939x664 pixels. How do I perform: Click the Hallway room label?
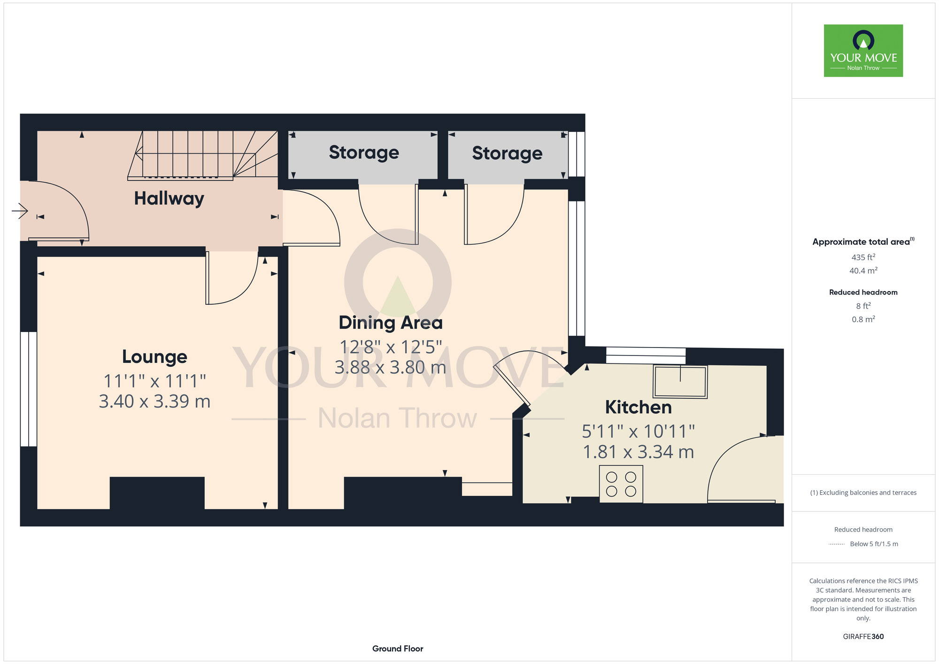pos(169,199)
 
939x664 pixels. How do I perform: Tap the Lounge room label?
pos(154,357)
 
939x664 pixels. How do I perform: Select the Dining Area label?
pos(391,323)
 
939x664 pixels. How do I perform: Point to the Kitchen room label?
pos(638,407)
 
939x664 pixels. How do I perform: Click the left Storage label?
pos(364,153)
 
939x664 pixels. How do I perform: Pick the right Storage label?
pos(507,154)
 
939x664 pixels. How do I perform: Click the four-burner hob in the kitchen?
pos(621,484)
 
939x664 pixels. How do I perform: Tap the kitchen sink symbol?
pos(680,382)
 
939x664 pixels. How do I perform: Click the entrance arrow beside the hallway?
pos(20,210)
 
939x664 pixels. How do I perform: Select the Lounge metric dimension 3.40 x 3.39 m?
pos(154,401)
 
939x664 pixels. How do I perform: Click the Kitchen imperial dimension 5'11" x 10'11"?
pos(638,431)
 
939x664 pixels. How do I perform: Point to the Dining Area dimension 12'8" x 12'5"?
pos(391,347)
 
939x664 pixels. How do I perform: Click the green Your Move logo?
pos(863,51)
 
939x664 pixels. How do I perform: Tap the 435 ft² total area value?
pos(863,257)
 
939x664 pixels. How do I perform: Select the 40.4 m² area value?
pos(863,270)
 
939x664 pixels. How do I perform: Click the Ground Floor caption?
pos(398,649)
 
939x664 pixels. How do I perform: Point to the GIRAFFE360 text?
pos(863,637)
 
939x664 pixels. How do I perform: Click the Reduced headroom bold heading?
pos(863,292)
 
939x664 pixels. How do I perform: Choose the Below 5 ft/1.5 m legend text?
pos(874,544)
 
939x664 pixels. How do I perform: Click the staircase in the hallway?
pos(203,155)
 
